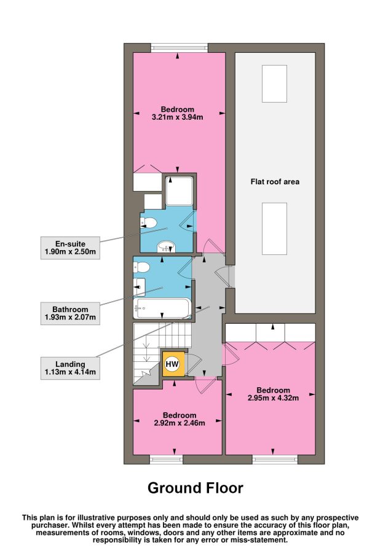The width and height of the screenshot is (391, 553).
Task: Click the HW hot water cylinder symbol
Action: coord(172,364)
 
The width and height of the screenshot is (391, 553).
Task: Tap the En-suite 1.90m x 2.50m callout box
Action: coord(70,248)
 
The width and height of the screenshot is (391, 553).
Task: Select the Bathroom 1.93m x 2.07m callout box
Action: coord(70,313)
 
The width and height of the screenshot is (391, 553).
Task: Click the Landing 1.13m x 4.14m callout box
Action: coord(70,368)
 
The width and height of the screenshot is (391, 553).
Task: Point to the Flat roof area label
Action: coord(275,182)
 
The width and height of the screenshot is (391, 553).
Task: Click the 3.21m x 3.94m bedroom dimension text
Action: coord(177,117)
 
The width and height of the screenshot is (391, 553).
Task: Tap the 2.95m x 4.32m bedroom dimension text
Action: coord(273,398)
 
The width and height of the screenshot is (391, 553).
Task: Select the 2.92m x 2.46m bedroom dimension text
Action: coord(180,423)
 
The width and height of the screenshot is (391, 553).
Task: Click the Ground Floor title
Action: coord(195,488)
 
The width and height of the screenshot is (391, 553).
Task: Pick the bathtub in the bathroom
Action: coord(162,308)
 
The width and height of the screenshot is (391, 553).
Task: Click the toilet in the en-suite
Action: coord(148,222)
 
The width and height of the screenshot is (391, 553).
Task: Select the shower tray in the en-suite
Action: coord(180,191)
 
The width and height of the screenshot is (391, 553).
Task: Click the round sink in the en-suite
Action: coord(166,246)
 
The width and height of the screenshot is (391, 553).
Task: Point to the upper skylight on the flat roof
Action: coord(274,84)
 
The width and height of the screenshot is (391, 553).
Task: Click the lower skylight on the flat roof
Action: coord(274,229)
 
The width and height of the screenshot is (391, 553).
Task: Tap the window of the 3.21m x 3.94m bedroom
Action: coord(179,47)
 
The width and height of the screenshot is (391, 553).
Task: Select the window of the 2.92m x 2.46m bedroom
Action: coord(166,459)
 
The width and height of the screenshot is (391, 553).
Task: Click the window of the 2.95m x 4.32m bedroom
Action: coord(275,459)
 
